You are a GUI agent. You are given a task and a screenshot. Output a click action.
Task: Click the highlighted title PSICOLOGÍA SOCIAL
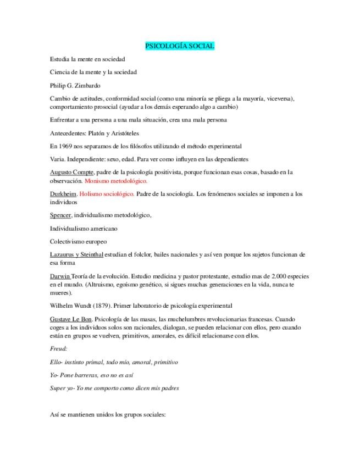(180, 46)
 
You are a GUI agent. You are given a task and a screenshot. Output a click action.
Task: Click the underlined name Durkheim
(63, 194)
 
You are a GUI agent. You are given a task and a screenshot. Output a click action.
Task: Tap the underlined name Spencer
(60, 215)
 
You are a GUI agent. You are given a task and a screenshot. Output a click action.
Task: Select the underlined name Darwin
(59, 276)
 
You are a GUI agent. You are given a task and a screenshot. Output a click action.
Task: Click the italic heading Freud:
(58, 348)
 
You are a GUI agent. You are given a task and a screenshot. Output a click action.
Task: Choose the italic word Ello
(55, 362)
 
